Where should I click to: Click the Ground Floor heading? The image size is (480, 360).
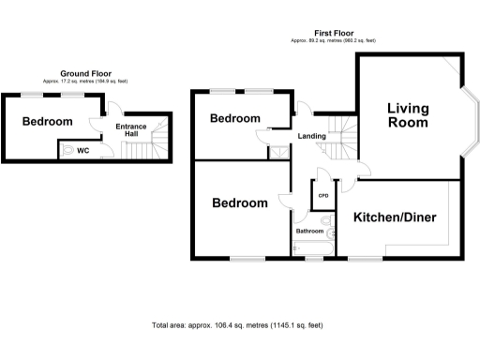click(87, 72)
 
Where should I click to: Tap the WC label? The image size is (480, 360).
click(82, 150)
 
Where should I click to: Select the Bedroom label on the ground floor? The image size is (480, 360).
click(47, 122)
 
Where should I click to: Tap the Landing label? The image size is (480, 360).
click(312, 137)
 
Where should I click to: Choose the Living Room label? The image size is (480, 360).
click(409, 115)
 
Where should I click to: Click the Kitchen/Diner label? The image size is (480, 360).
click(395, 217)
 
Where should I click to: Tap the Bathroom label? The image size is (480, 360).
click(309, 231)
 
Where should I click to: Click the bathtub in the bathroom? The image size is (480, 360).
click(312, 248)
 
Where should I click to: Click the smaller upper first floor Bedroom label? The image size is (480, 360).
click(234, 118)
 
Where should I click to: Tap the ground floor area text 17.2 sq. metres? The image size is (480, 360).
click(87, 82)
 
